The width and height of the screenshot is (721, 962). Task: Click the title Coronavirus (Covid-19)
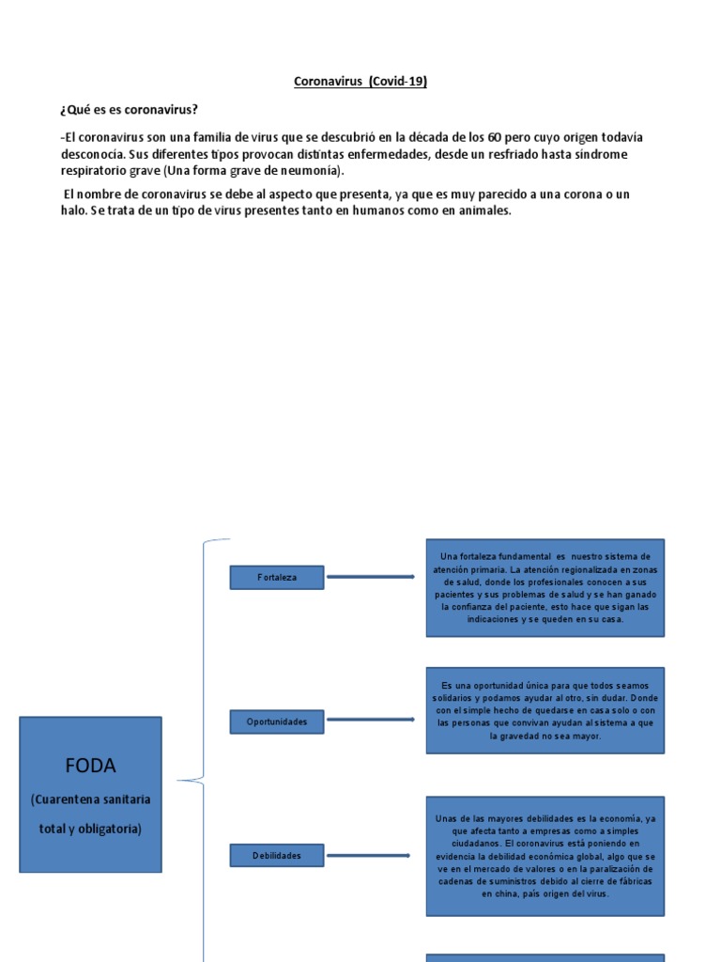pyautogui.click(x=360, y=82)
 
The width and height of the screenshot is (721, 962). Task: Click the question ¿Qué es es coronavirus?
pyautogui.click(x=129, y=110)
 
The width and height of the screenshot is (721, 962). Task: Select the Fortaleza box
pyautogui.click(x=276, y=577)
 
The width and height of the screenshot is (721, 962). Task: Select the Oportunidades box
pyautogui.click(x=276, y=721)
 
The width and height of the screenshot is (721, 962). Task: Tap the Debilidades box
pyautogui.click(x=276, y=856)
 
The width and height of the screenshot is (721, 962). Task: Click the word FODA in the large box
pyautogui.click(x=90, y=766)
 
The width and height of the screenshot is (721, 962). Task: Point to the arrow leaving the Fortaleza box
pyautogui.click(x=370, y=577)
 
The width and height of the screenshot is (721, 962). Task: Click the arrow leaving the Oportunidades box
pyautogui.click(x=370, y=721)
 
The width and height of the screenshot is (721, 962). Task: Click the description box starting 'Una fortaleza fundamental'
pyautogui.click(x=545, y=588)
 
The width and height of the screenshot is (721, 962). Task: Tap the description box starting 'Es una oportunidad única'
pyautogui.click(x=545, y=710)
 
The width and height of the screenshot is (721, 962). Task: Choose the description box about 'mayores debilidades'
pyautogui.click(x=545, y=856)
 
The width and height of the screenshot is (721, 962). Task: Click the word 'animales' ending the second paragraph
pyautogui.click(x=483, y=211)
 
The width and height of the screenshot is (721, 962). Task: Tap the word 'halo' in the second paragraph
pyautogui.click(x=71, y=211)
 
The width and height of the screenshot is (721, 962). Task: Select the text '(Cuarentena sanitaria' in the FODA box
pyautogui.click(x=90, y=799)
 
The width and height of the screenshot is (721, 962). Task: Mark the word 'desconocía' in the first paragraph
pyautogui.click(x=90, y=154)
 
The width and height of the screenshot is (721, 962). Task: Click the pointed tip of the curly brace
pyautogui.click(x=178, y=780)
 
